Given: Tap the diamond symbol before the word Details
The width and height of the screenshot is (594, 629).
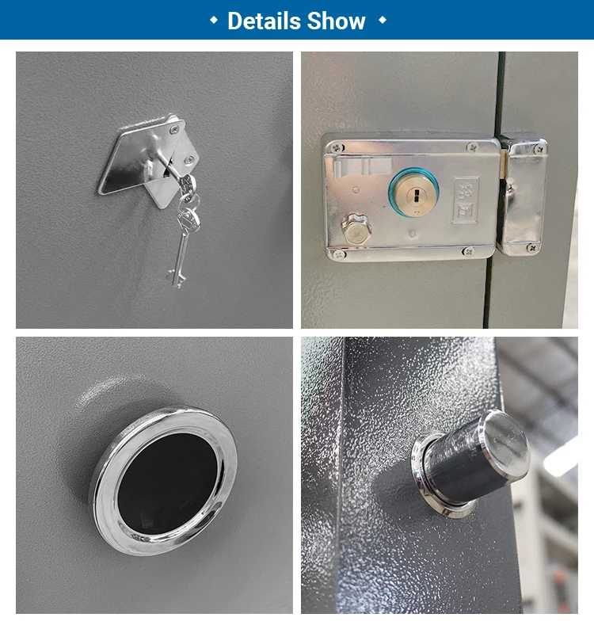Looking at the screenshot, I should pos(214,21).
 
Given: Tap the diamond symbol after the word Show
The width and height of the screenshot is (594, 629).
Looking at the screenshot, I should pos(383,21).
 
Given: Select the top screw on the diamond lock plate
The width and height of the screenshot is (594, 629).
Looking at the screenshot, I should pos(173,129).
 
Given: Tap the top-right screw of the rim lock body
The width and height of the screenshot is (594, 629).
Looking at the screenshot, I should pos(473,147).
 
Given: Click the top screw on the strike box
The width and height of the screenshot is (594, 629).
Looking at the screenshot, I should pos(539,148).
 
